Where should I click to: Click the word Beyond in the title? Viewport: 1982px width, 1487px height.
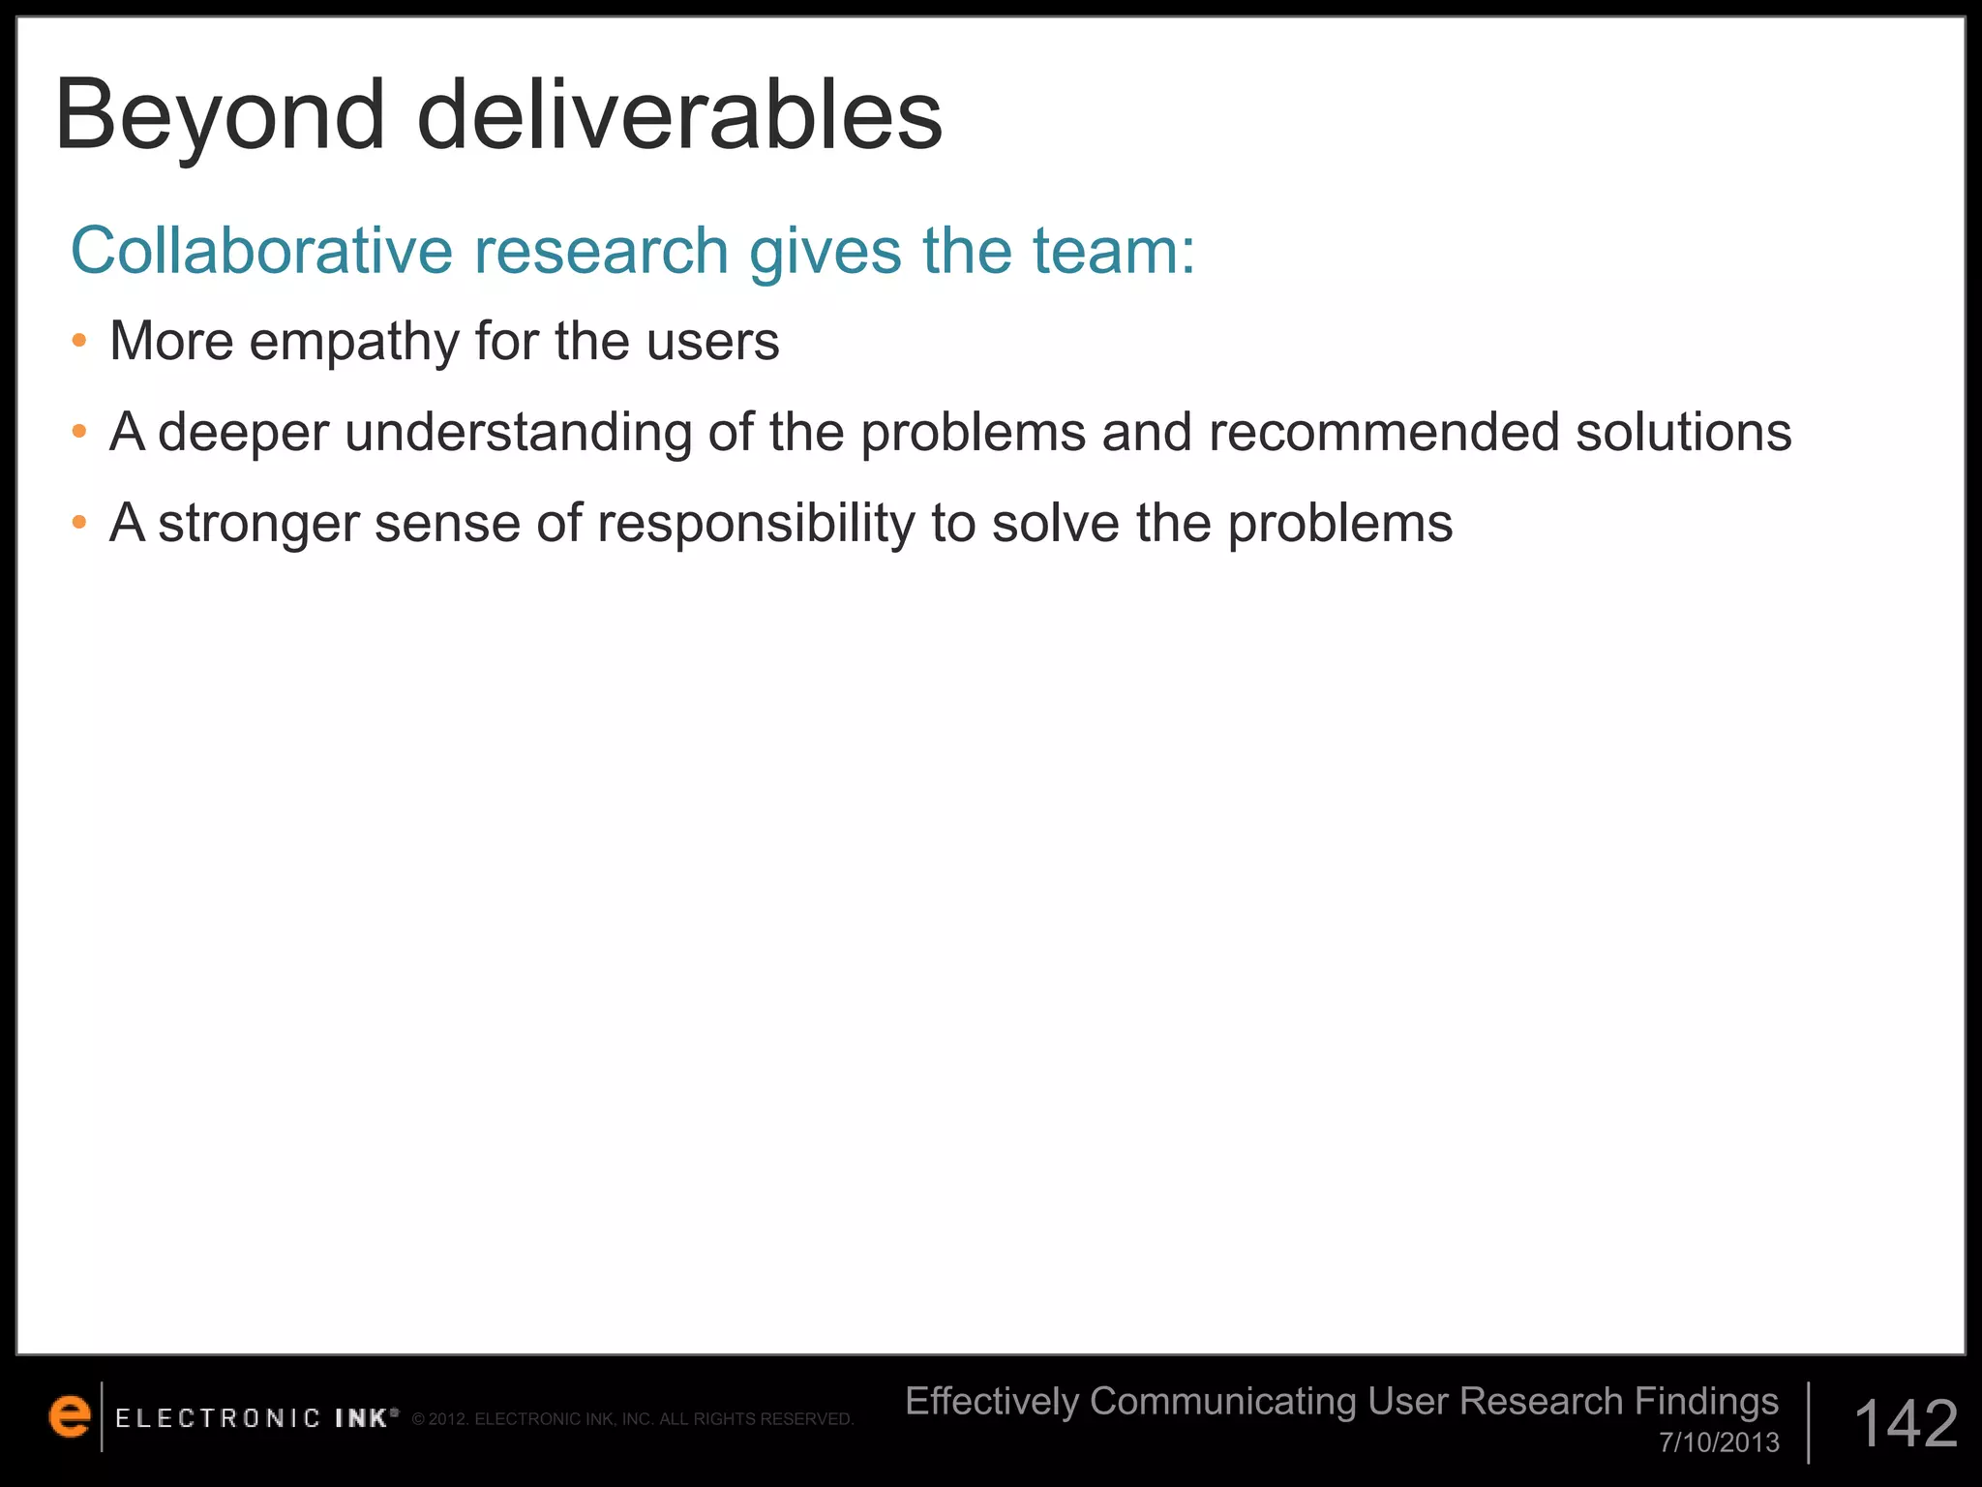221,116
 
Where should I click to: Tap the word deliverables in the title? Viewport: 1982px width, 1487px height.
679,116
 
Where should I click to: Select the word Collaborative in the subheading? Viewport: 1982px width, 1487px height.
261,251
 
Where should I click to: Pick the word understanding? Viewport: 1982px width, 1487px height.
519,432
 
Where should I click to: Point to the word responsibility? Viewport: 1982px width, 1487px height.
756,524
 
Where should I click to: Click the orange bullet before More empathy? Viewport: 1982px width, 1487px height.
79,341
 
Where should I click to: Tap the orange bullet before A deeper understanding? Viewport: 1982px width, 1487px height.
79,432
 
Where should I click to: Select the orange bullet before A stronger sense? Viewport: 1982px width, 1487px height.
79,524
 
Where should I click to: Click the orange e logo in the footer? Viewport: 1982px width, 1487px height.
69,1417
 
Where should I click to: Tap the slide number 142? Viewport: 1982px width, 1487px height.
1906,1424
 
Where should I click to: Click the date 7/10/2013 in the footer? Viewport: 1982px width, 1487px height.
1719,1442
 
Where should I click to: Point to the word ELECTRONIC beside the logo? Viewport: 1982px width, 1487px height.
218,1419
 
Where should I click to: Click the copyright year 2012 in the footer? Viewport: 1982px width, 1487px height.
448,1419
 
